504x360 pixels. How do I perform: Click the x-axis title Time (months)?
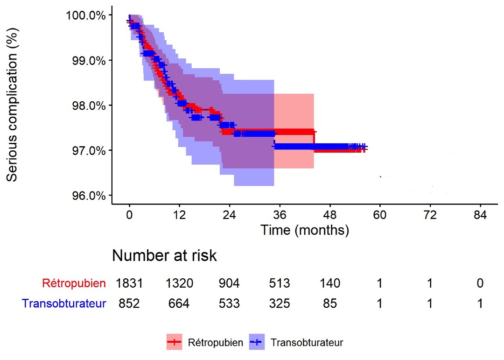pyautogui.click(x=305, y=230)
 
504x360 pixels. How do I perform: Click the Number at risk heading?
pyautogui.click(x=164, y=256)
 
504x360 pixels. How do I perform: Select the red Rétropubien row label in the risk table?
pyautogui.click(x=74, y=283)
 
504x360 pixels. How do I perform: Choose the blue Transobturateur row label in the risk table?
pyautogui.click(x=64, y=304)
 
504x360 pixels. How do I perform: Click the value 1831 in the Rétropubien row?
pyautogui.click(x=129, y=283)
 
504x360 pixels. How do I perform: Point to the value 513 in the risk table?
pyautogui.click(x=280, y=283)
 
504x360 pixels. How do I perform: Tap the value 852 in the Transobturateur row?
pyautogui.click(x=129, y=304)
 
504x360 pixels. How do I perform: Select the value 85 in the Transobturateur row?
pyautogui.click(x=330, y=304)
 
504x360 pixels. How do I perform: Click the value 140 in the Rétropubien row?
pyautogui.click(x=330, y=283)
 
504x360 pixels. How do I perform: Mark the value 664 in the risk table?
pyautogui.click(x=179, y=304)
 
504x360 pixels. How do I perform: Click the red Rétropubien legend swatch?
pyautogui.click(x=175, y=342)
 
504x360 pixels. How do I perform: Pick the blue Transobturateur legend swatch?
pyautogui.click(x=257, y=342)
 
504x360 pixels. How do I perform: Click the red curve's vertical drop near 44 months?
pyautogui.click(x=315, y=140)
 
